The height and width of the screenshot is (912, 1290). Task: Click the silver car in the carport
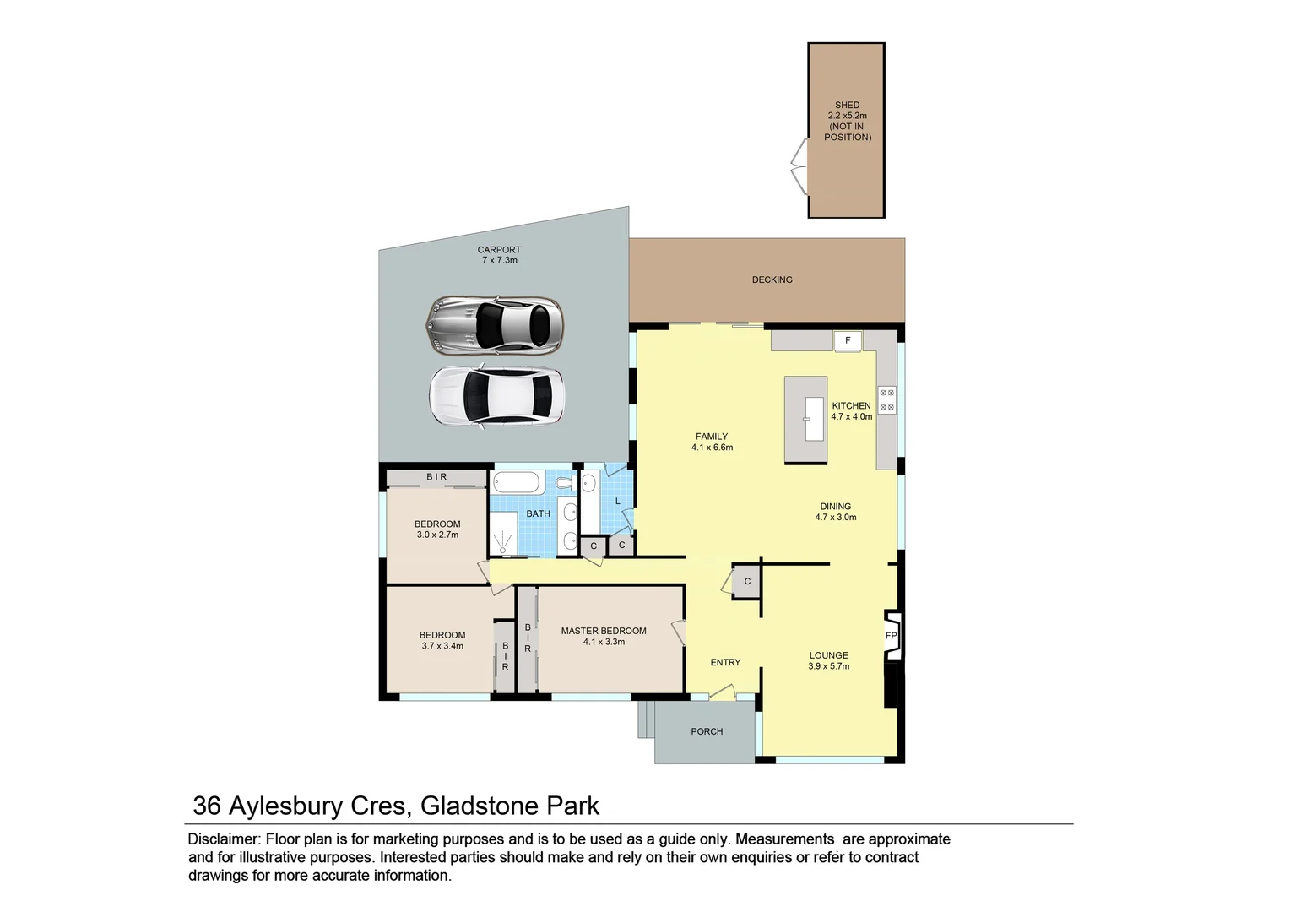[495, 324]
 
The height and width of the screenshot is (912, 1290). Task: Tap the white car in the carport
[496, 397]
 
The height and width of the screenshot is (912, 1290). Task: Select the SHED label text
[847, 106]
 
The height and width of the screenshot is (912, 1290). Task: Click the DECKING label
[772, 280]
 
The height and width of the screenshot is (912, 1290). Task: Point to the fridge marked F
[848, 341]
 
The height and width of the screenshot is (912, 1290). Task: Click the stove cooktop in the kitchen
[886, 400]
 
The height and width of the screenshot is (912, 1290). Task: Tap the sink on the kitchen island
[813, 419]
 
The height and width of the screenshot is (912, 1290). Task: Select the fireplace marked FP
[892, 636]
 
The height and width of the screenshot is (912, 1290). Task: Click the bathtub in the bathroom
[516, 484]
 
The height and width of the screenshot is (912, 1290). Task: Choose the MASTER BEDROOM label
[604, 631]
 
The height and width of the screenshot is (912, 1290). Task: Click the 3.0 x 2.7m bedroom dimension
[437, 535]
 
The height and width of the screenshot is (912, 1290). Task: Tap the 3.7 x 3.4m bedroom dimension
[442, 646]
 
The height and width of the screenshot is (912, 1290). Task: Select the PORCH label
[707, 731]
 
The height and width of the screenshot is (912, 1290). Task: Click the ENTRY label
[725, 663]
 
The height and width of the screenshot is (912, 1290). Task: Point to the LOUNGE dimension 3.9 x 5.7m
[828, 666]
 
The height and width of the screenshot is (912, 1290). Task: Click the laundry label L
[618, 502]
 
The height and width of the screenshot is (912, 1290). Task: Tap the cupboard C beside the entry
[747, 582]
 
